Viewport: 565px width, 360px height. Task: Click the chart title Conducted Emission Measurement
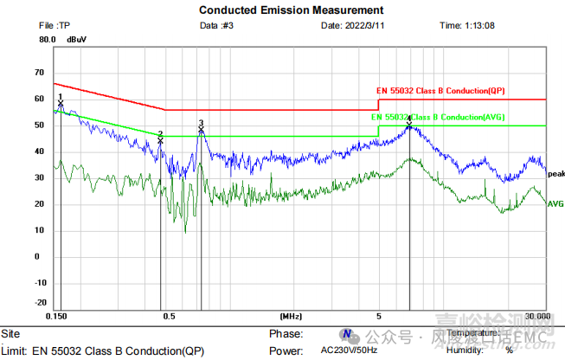281,10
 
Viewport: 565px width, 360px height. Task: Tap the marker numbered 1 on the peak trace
61,104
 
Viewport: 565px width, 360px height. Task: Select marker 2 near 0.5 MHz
160,140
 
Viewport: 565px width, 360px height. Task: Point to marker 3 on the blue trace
201,130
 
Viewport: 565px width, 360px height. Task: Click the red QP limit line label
440,91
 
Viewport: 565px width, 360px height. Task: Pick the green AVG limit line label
438,117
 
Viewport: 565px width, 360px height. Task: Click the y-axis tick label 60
39,100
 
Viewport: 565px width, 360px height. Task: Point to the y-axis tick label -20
38,303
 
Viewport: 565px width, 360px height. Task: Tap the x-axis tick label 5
378,317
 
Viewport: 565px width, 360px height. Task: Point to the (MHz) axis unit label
291,317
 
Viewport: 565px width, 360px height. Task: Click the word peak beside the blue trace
555,173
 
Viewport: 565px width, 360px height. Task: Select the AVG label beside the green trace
555,204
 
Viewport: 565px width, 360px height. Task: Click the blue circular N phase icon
346,334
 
